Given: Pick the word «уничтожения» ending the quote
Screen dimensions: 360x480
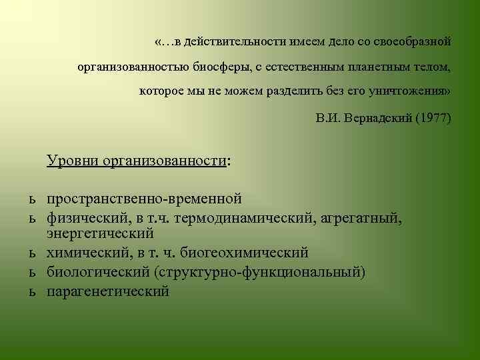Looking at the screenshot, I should (408, 91).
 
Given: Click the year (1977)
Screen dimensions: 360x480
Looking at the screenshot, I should (433, 119).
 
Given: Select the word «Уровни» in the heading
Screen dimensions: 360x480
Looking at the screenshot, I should (73, 161).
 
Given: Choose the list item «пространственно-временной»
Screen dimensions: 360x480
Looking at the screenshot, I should (143, 199).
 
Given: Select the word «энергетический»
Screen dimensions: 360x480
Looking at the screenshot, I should (100, 233).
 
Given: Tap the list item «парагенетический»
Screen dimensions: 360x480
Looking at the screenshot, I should (107, 291).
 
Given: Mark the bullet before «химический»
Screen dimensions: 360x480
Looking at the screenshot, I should (31, 253).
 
